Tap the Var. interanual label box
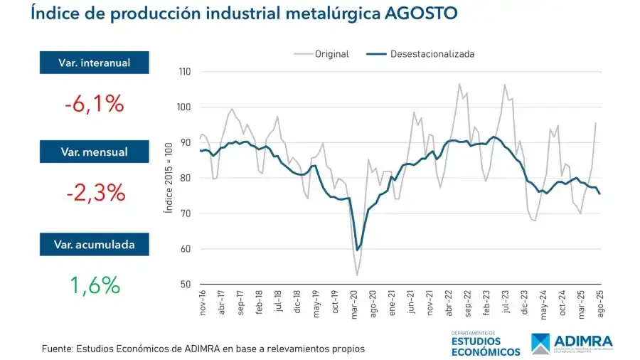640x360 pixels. coord(94,63)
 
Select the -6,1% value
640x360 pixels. coord(94,105)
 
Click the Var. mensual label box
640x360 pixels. coord(94,152)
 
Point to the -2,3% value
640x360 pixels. coord(94,192)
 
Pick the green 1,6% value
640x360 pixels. coord(94,285)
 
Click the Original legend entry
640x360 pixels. coord(331,54)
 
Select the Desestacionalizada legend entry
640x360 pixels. coord(432,54)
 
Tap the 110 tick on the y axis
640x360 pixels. coord(184,72)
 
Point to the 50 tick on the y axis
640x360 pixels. coord(186,285)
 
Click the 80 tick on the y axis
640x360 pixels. coord(186,178)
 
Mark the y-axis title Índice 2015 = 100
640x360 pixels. coord(168,178)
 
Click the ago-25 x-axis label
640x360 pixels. coord(599,305)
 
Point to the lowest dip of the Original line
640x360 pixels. coord(357,275)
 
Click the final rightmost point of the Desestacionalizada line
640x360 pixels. coord(599,194)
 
